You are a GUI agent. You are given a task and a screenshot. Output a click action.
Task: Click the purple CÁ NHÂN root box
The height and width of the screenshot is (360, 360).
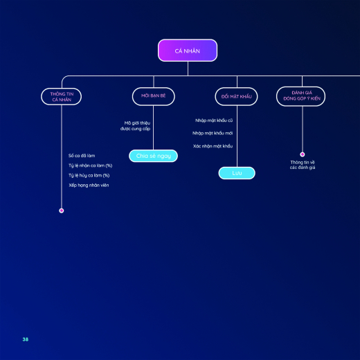(x=188, y=51)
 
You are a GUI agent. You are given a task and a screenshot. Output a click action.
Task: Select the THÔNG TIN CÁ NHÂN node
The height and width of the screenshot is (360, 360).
(x=62, y=97)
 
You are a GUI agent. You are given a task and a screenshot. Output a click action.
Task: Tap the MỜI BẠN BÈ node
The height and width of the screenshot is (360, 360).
(x=154, y=96)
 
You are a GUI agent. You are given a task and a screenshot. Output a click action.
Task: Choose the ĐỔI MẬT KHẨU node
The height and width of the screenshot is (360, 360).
(x=236, y=97)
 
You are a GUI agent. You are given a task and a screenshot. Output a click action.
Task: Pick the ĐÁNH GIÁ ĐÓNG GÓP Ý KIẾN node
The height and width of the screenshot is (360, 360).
(x=301, y=96)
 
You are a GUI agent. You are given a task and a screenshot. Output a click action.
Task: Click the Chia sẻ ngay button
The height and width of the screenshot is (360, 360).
(x=153, y=156)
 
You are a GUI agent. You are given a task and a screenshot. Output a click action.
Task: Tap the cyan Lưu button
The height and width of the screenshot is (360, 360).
(x=237, y=173)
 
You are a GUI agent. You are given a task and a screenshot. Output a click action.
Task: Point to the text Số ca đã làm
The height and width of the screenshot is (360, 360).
(x=82, y=156)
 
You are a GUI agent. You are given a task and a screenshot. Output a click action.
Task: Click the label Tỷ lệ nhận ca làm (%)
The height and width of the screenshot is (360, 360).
(x=90, y=165)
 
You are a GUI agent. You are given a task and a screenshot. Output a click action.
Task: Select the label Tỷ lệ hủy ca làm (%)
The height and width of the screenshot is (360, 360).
(x=89, y=175)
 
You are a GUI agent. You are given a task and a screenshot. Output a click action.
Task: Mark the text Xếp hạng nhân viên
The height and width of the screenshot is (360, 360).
(x=89, y=185)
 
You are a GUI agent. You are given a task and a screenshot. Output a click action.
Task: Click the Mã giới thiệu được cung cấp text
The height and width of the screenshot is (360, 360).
(x=136, y=126)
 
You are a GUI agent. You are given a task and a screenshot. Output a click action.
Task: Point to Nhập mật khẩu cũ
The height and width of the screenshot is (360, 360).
(x=214, y=120)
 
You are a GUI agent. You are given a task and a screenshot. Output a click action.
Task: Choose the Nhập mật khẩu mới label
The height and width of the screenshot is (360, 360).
(x=213, y=133)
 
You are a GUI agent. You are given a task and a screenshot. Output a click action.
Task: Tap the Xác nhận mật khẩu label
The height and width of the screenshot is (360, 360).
(x=213, y=146)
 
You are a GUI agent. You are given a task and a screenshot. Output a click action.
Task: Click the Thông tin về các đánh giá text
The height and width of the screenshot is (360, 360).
(x=303, y=165)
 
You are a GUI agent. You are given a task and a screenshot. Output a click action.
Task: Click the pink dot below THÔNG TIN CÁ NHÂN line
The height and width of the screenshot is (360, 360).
(x=62, y=210)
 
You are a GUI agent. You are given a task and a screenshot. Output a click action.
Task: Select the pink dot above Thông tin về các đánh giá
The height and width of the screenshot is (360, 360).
(x=303, y=154)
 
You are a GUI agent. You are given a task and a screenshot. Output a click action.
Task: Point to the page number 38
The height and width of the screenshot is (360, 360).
(x=26, y=339)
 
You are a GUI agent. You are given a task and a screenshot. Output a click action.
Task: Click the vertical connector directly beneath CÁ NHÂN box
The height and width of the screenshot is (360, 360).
(x=188, y=69)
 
